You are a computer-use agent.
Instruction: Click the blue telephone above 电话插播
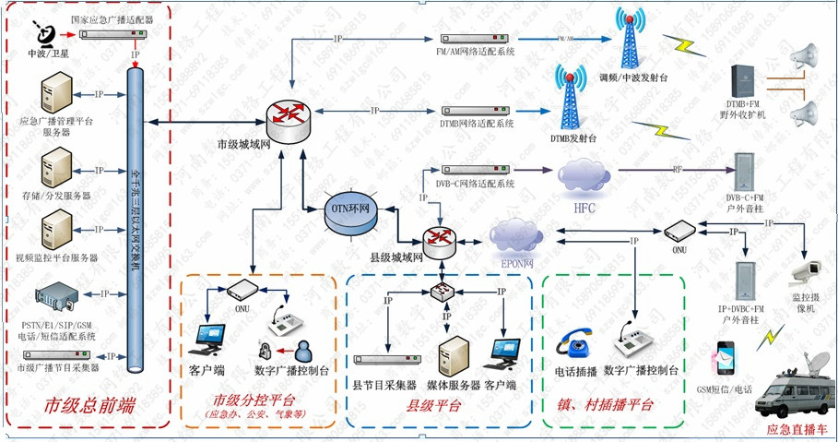pos(579,344)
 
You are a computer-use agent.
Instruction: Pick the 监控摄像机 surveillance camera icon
pos(809,272)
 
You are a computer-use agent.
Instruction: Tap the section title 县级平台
pos(433,406)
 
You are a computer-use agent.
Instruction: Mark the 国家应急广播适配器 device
pos(112,35)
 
